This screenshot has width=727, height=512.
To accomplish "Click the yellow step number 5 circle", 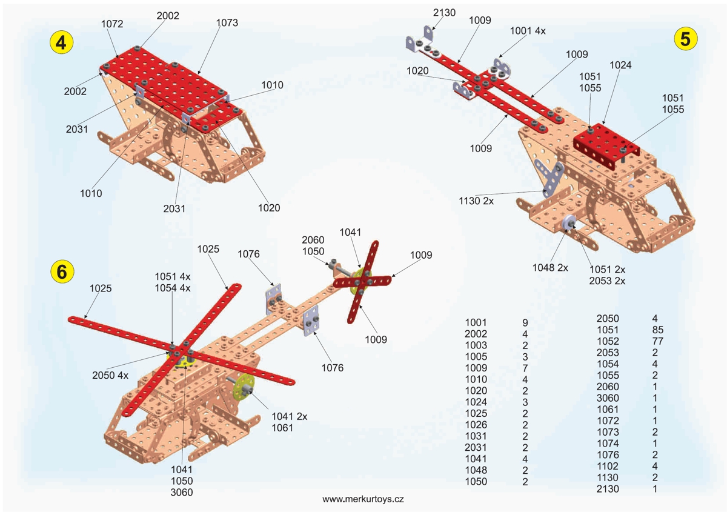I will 685,38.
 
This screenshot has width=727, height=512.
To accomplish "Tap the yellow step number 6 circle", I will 61,272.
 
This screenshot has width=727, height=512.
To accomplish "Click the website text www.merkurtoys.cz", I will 363,499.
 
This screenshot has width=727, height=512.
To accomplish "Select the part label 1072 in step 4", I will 113,24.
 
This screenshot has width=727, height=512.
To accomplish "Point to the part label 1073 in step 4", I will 227,23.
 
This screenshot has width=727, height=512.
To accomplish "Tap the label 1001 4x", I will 528,30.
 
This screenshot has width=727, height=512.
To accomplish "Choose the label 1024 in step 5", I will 621,65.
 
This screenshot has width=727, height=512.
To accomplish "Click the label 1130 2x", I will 476,201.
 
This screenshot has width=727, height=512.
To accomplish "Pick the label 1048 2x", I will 550,267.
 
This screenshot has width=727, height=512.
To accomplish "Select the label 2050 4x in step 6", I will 110,375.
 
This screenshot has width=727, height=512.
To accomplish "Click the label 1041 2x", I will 290,416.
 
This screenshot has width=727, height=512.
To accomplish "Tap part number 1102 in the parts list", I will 608,466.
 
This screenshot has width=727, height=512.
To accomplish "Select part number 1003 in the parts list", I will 476,345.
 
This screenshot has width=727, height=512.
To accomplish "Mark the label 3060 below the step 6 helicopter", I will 182,492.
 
